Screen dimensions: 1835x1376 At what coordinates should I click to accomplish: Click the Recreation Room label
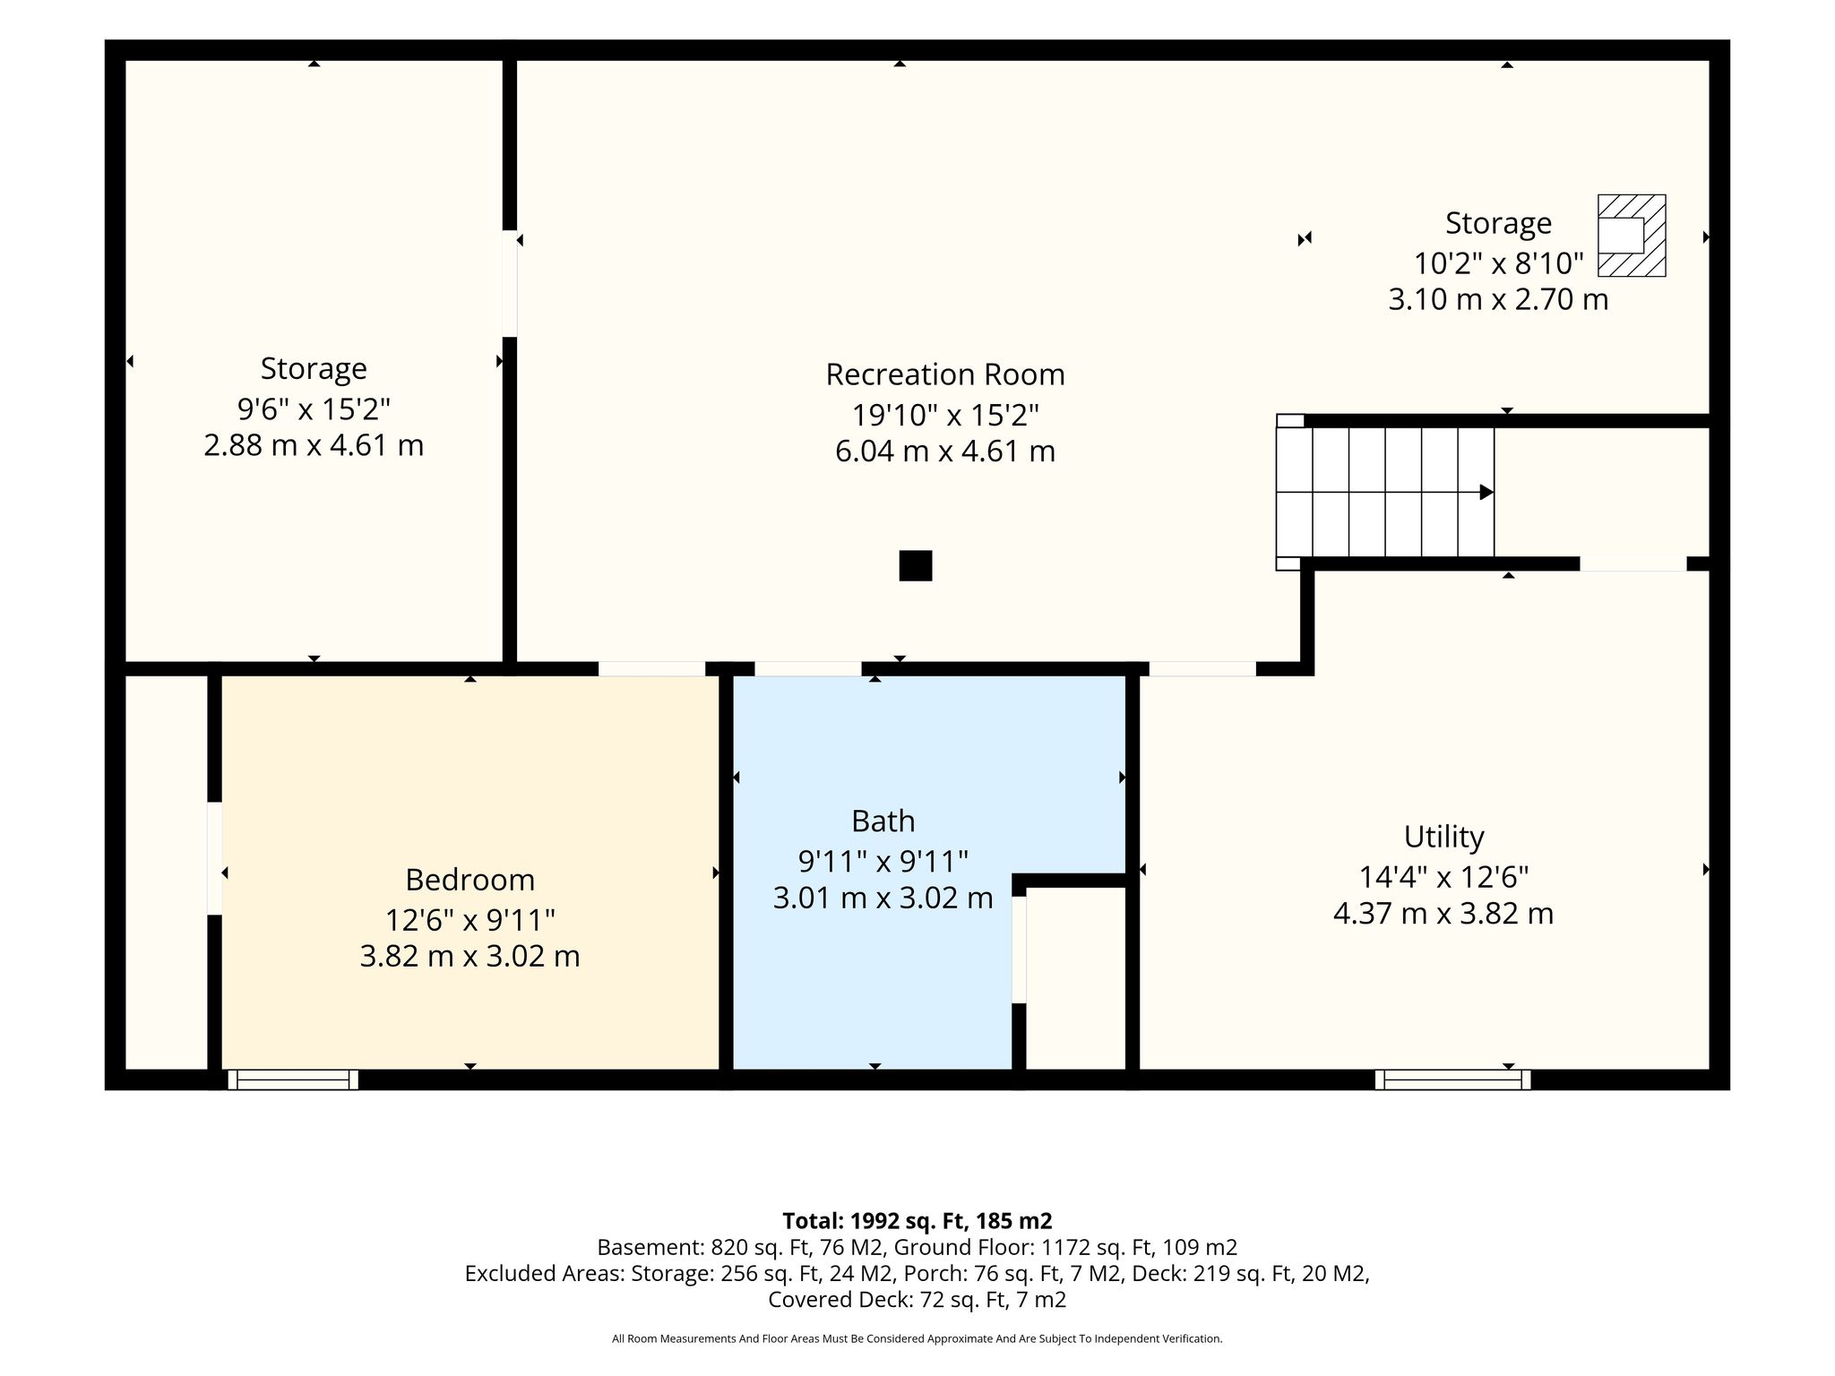[945, 374]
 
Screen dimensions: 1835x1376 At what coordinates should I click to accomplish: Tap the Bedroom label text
[470, 880]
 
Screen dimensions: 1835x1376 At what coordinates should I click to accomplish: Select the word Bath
[883, 821]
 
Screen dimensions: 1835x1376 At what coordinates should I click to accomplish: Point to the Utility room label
[1443, 837]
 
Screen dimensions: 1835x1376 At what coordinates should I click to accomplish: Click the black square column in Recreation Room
[916, 566]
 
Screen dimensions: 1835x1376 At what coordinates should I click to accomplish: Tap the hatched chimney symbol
[1632, 236]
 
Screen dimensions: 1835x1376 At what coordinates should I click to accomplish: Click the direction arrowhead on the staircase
[1486, 492]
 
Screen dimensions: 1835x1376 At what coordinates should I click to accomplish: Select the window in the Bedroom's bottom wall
[293, 1079]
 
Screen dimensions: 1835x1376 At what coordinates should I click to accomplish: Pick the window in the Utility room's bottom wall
[1452, 1079]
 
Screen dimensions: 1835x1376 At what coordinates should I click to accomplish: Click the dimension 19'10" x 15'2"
[945, 415]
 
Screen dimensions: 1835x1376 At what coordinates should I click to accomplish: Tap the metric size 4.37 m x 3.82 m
[1443, 914]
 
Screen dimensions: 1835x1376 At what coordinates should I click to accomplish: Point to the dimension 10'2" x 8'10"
[1499, 263]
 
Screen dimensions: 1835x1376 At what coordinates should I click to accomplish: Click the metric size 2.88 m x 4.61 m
[314, 445]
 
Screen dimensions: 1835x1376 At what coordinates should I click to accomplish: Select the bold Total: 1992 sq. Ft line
[917, 1221]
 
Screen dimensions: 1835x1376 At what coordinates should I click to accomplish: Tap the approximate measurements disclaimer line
[917, 1339]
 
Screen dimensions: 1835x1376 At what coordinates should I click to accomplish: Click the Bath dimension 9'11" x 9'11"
[883, 862]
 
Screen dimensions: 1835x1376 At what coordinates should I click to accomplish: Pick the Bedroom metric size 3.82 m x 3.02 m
[470, 957]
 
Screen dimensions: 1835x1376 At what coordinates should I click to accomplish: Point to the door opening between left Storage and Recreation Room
[510, 284]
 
